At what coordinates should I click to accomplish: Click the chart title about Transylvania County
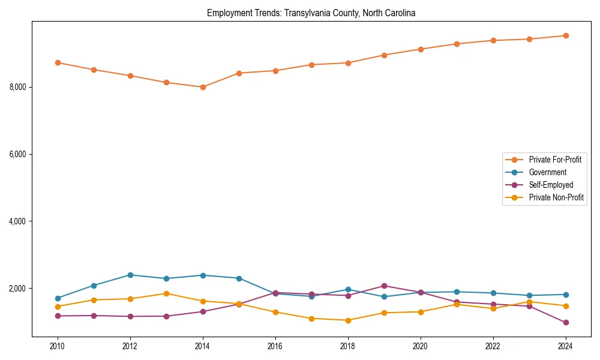(x=311, y=13)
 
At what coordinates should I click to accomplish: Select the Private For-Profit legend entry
(x=554, y=160)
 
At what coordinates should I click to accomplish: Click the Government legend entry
(x=547, y=172)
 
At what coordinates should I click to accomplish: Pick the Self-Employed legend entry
(x=551, y=185)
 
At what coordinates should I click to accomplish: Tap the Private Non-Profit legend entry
(x=556, y=197)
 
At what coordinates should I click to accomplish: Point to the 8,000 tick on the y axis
(x=18, y=87)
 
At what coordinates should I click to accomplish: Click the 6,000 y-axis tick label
(x=18, y=154)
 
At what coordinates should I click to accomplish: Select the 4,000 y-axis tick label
(x=18, y=221)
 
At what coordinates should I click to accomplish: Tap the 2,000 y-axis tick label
(x=18, y=289)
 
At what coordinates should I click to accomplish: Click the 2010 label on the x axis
(x=58, y=346)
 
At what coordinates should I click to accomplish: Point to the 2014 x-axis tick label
(x=203, y=346)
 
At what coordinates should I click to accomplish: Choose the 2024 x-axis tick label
(x=565, y=346)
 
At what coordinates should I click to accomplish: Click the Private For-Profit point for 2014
(x=203, y=87)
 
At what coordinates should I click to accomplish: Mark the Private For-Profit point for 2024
(x=565, y=35)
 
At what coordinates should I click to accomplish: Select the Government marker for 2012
(x=130, y=275)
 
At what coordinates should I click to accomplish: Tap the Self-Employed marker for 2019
(x=384, y=286)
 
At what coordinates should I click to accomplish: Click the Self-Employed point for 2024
(x=565, y=322)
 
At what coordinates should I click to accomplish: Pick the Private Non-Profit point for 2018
(x=348, y=320)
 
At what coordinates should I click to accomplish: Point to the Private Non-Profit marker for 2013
(x=166, y=293)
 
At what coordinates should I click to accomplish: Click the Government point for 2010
(x=58, y=298)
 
